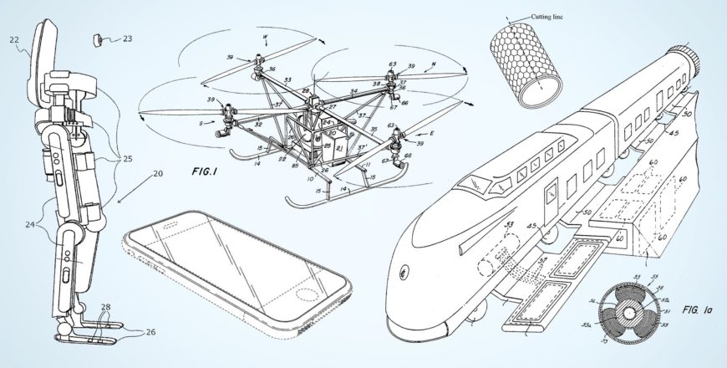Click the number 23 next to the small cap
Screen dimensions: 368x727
pos(127,38)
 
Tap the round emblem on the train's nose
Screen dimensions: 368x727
pos(405,271)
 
